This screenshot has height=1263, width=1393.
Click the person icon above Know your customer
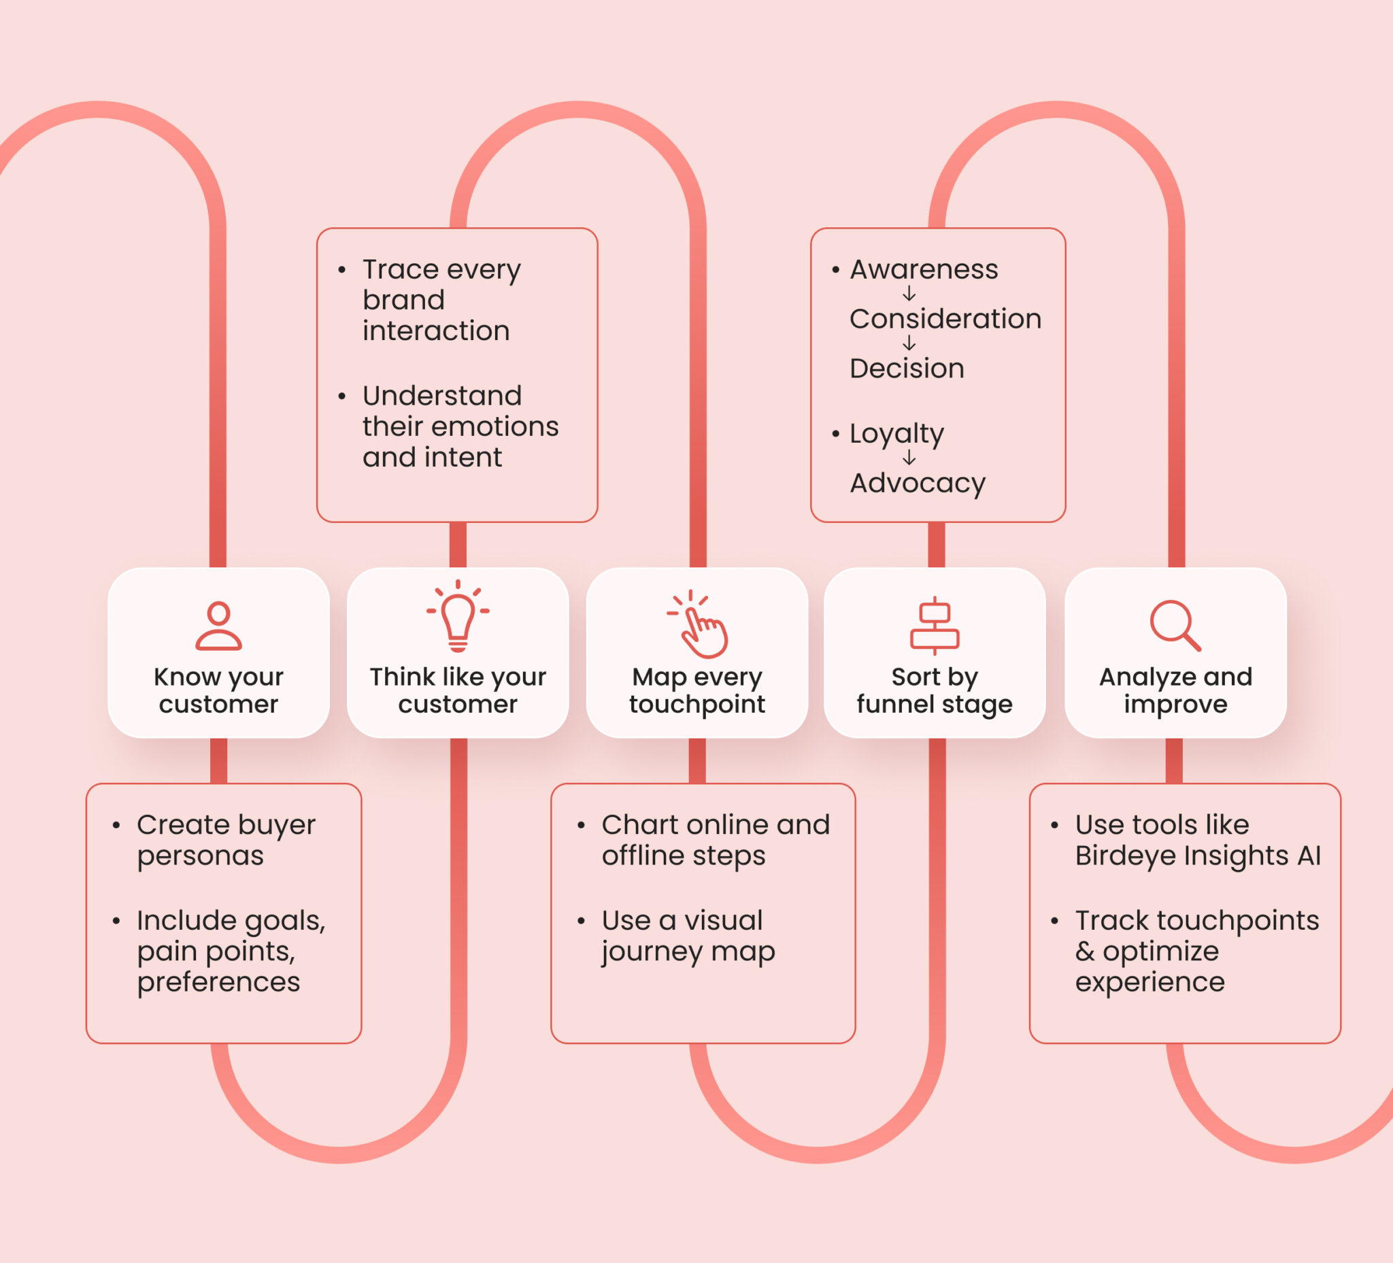tap(218, 625)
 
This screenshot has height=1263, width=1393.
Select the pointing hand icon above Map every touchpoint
tap(699, 624)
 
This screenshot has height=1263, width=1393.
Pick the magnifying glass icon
tap(1175, 625)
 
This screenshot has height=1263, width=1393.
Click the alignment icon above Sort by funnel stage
tap(934, 625)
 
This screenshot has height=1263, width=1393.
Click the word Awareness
tap(924, 269)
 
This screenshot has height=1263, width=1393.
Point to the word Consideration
tap(945, 319)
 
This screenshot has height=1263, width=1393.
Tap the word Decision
tap(907, 369)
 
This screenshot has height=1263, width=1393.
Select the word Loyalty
tap(896, 434)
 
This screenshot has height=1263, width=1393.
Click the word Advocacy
tap(918, 483)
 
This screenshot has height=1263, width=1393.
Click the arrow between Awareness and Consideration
tap(909, 294)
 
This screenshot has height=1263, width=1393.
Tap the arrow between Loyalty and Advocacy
tap(909, 458)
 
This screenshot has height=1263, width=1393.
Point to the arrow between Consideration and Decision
tap(909, 343)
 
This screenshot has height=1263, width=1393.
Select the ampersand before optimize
tap(1084, 952)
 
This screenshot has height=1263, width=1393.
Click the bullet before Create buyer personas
tap(116, 825)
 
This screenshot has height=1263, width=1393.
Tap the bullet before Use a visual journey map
tap(581, 921)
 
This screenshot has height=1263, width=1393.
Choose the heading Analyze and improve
tap(1175, 690)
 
